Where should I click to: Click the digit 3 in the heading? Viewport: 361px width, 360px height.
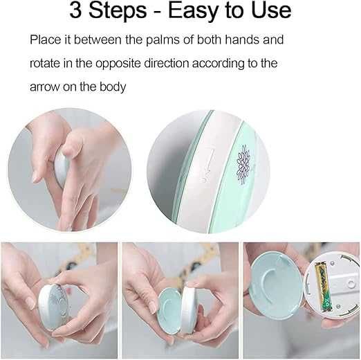pos(75,10)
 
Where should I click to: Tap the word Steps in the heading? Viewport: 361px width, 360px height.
pos(118,11)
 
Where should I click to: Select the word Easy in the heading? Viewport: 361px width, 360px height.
pos(193,11)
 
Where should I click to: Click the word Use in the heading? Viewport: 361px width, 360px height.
pos(272,10)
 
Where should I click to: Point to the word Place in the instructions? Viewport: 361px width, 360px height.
pos(46,39)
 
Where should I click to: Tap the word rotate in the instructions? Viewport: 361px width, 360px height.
pos(45,63)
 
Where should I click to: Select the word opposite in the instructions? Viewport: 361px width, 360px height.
pos(118,64)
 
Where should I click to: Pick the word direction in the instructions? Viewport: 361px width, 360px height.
pos(167,63)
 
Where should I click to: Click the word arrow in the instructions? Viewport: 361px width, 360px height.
pos(44,87)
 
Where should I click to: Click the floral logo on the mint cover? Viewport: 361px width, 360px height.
pos(244,164)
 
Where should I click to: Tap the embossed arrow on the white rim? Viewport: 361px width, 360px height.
pos(208,165)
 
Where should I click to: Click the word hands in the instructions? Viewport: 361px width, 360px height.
pos(242,39)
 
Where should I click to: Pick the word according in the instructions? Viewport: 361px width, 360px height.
pos(218,64)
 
